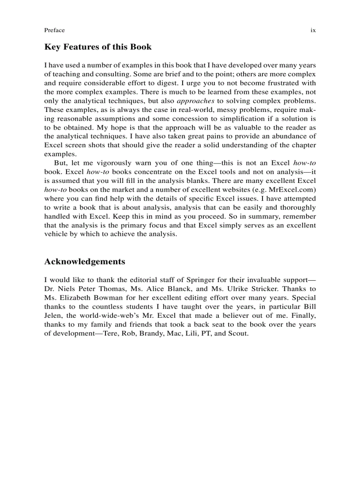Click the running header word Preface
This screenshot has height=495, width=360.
click(54, 30)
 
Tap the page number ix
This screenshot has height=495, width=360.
click(313, 30)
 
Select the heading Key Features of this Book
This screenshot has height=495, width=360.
click(98, 47)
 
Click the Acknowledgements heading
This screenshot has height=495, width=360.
click(85, 261)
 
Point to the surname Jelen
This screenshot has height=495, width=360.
click(53, 316)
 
